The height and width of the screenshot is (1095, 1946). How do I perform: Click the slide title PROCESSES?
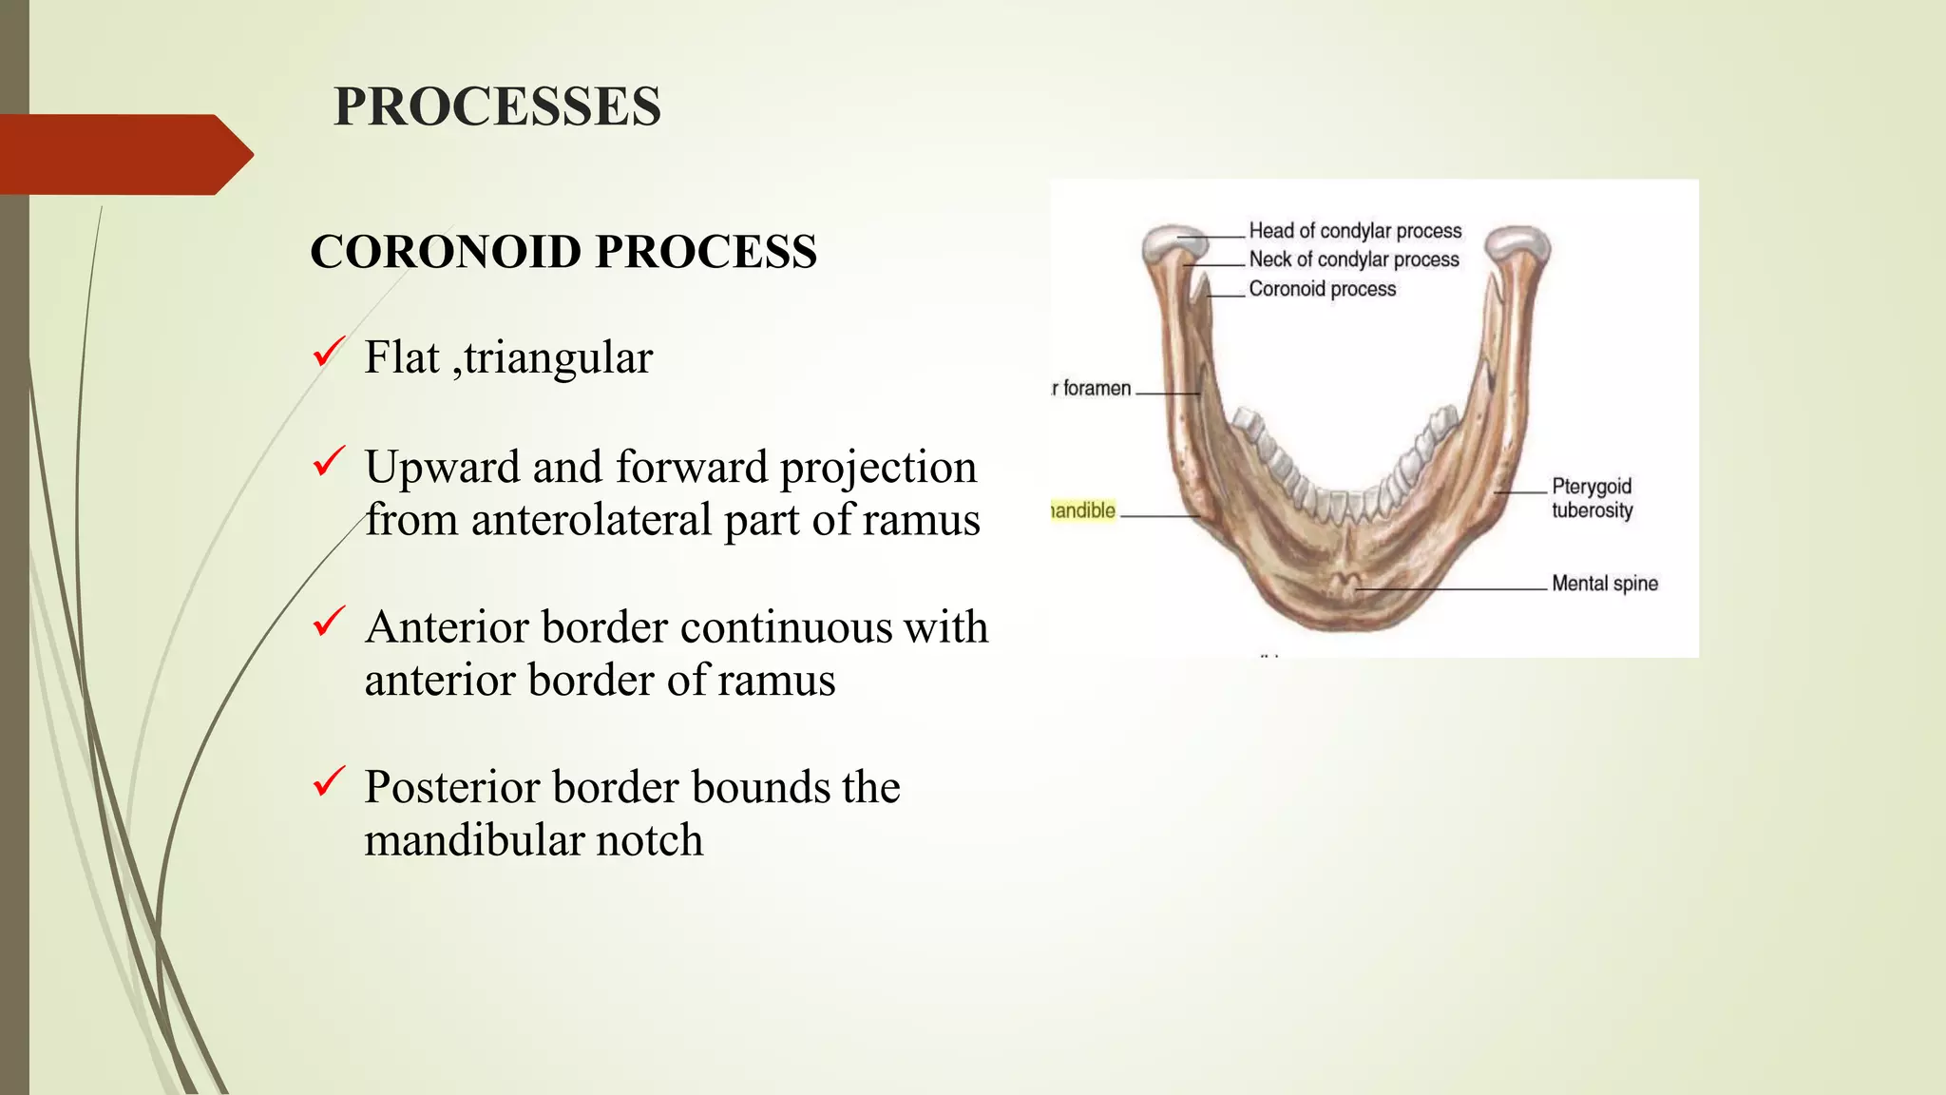497,106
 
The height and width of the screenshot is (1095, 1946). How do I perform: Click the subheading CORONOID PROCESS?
563,252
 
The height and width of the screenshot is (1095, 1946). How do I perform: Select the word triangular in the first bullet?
558,358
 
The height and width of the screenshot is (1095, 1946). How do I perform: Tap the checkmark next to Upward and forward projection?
328,463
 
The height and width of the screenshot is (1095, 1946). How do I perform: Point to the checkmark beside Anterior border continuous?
328,623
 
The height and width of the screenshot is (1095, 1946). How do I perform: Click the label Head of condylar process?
1354,231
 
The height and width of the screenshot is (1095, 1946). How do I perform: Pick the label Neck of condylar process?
1353,259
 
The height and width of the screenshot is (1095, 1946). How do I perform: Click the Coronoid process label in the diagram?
1322,289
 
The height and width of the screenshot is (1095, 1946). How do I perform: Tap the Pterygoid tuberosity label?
1592,498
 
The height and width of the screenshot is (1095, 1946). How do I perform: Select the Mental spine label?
1604,584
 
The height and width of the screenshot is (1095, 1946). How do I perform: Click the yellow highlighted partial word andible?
1083,510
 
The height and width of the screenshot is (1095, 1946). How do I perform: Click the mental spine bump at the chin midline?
1346,585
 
